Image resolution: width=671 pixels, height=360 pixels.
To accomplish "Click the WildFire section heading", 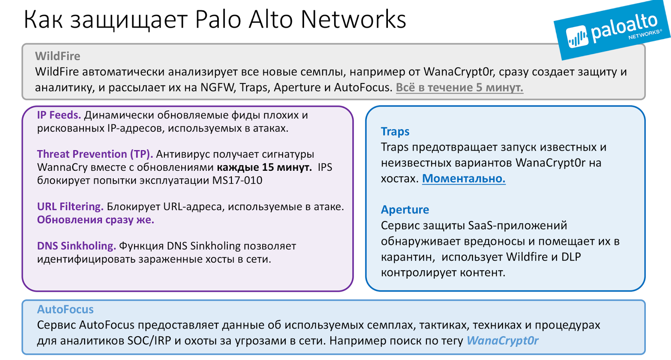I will [x=57, y=56].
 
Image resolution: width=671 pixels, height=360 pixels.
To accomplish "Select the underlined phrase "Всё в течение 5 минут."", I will [x=459, y=87].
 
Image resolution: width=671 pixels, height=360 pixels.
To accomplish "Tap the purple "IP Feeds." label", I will [x=59, y=115].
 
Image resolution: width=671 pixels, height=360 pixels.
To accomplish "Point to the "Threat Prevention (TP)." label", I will [x=95, y=154].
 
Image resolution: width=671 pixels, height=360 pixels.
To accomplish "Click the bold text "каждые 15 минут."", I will [x=264, y=167].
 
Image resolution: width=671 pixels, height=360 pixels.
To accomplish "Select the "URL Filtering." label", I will [x=70, y=206].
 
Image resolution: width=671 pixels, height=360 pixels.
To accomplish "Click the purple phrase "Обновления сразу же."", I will [x=95, y=220].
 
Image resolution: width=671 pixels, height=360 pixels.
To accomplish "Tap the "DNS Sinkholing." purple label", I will [x=76, y=246].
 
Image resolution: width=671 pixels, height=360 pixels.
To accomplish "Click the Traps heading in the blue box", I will [x=395, y=132].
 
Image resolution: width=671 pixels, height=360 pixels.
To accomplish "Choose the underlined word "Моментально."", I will [x=463, y=179].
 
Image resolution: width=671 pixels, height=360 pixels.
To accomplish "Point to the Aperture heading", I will [x=405, y=210].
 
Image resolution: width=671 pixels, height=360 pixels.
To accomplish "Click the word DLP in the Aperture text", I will [x=571, y=257].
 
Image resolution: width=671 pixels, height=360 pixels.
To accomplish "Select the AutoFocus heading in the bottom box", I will [x=65, y=310].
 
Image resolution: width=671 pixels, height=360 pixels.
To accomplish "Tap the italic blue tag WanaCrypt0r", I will [x=502, y=341].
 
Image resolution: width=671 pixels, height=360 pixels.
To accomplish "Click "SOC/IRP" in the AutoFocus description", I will [x=149, y=341].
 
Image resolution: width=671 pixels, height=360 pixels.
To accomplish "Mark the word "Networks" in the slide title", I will [x=353, y=19].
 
